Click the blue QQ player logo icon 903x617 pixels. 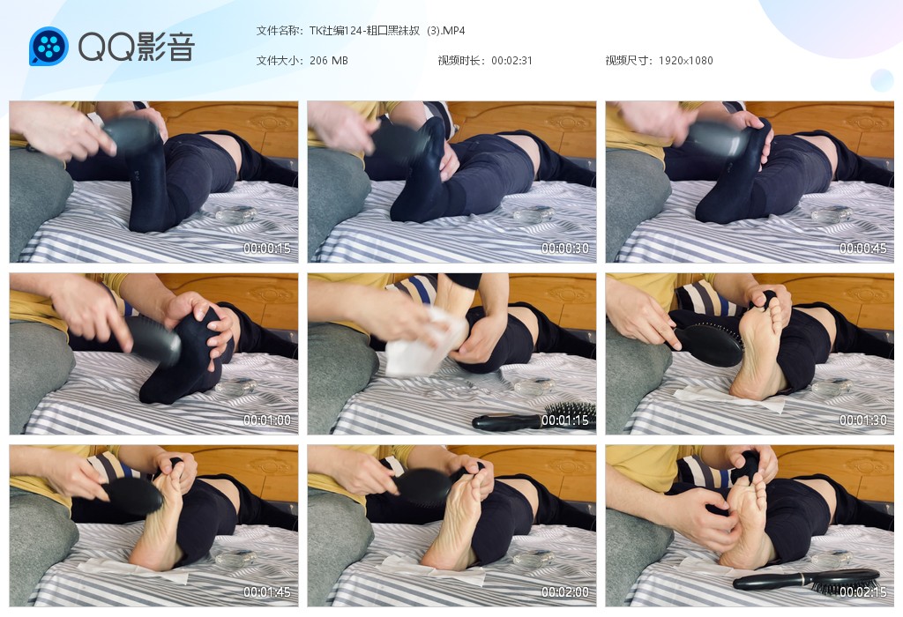[x=49, y=46]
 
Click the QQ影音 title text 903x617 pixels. [x=137, y=47]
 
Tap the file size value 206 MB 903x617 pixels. [x=328, y=61]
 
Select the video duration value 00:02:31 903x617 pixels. [x=511, y=61]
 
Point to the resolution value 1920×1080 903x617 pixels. [x=685, y=61]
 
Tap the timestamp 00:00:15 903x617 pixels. [x=266, y=249]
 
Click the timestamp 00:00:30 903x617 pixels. [x=565, y=249]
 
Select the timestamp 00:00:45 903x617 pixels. [x=862, y=249]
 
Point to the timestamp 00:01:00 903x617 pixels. [x=266, y=420]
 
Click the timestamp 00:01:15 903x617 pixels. [x=565, y=420]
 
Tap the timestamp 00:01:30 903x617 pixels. [x=862, y=420]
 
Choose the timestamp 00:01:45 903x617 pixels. [x=266, y=592]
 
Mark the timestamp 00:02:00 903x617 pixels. [x=565, y=592]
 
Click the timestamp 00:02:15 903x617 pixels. [x=862, y=592]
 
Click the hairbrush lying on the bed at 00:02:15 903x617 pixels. [x=806, y=582]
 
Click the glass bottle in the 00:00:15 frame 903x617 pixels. [x=236, y=215]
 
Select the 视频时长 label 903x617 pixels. [x=459, y=61]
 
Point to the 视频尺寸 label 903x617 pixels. [x=627, y=61]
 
